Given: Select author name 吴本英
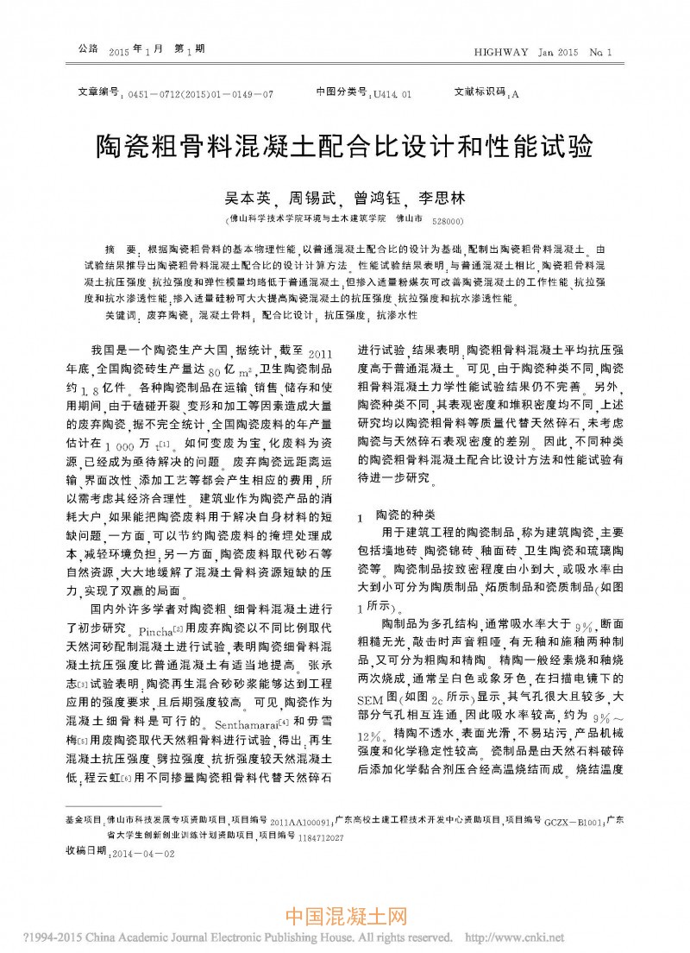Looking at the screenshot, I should pyautogui.click(x=247, y=198).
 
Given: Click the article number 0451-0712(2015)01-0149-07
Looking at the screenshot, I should pyautogui.click(x=200, y=94).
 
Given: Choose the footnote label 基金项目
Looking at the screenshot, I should pyautogui.click(x=84, y=820).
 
